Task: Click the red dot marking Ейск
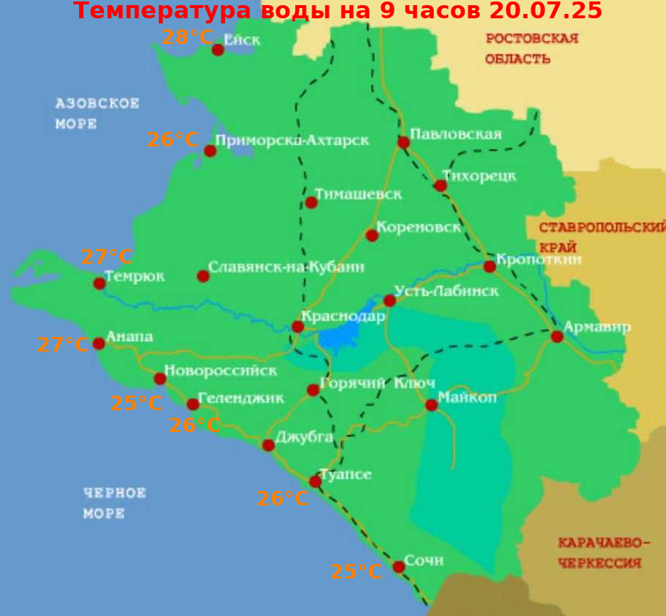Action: pyautogui.click(x=217, y=50)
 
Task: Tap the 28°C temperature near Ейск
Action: pyautogui.click(x=187, y=37)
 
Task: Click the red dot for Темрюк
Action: pyautogui.click(x=100, y=283)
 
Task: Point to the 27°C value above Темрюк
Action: pyautogui.click(x=107, y=257)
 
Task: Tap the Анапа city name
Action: pyautogui.click(x=130, y=337)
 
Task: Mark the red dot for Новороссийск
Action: pyautogui.click(x=160, y=379)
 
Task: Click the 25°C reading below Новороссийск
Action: pyautogui.click(x=136, y=403)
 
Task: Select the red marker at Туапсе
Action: pyautogui.click(x=315, y=481)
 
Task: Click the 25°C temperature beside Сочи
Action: pyautogui.click(x=356, y=571)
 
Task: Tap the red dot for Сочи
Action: pyautogui.click(x=399, y=566)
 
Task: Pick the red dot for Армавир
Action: pyautogui.click(x=557, y=336)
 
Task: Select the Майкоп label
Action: pyautogui.click(x=468, y=398)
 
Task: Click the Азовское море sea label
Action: pyautogui.click(x=97, y=114)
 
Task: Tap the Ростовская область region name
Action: pyautogui.click(x=531, y=48)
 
